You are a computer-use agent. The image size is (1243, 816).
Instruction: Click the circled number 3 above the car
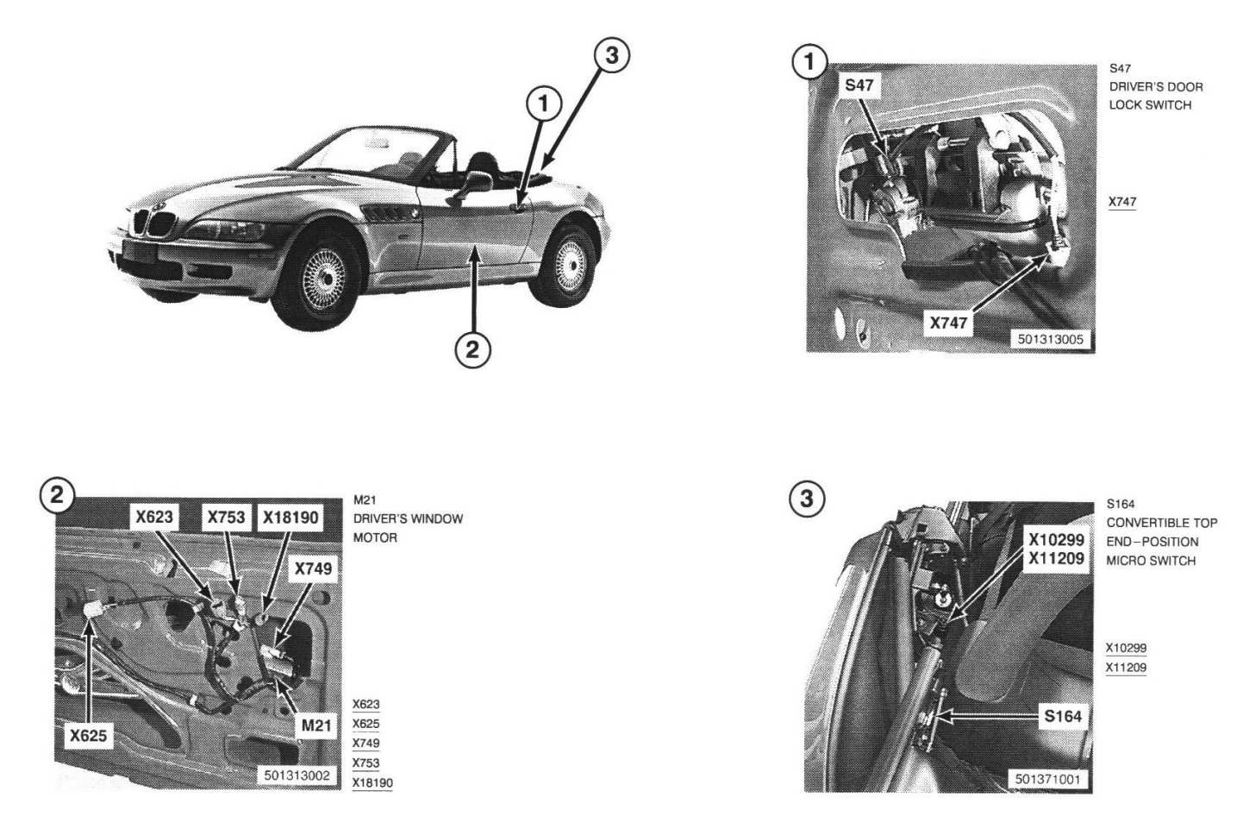(611, 55)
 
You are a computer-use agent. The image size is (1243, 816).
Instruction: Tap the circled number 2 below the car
(472, 349)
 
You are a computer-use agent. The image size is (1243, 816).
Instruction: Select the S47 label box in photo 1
(859, 85)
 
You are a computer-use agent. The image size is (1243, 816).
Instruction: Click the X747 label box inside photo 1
(948, 323)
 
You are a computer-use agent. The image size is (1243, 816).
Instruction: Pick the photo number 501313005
(1050, 339)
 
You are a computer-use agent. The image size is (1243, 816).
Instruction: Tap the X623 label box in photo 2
(154, 518)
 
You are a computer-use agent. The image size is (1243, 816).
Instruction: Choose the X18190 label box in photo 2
(290, 518)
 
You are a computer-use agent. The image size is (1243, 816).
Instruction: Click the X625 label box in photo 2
(88, 736)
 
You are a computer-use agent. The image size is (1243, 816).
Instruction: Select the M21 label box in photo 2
(315, 725)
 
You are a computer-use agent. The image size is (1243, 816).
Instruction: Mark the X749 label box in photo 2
(313, 569)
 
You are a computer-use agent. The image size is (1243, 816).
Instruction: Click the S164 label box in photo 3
(1063, 716)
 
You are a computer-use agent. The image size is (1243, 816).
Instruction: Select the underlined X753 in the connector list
(365, 763)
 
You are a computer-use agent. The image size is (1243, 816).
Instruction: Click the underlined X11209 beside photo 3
(1126, 668)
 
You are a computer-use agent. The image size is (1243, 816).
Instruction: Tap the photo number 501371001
(1047, 780)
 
